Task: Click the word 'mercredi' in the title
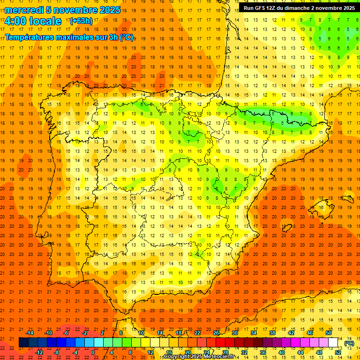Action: pyautogui.click(x=24, y=10)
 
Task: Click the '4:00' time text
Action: pyautogui.click(x=15, y=21)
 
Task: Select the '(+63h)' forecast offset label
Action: pyautogui.click(x=81, y=21)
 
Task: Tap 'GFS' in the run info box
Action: pyautogui.click(x=262, y=8)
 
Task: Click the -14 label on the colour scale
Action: pyautogui.click(x=30, y=333)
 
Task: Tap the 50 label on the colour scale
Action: pyautogui.click(x=329, y=333)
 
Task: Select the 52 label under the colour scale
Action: pyautogui.click(x=338, y=352)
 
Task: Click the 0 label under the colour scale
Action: pyautogui.click(x=93, y=352)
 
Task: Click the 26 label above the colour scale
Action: pyautogui.click(x=216, y=333)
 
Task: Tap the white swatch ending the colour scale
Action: pyautogui.click(x=333, y=343)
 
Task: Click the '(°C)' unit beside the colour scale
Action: pyautogui.click(x=349, y=343)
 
